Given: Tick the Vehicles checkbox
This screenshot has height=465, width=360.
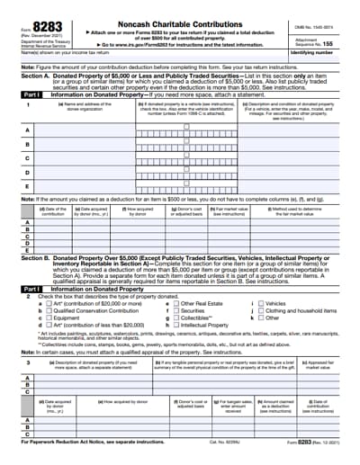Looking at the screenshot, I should click(262, 303).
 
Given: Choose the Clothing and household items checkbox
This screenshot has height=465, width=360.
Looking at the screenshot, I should click(262, 310).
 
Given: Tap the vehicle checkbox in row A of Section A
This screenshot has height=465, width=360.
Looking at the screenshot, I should click(186, 128).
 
